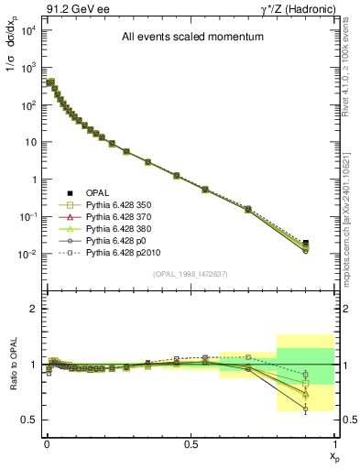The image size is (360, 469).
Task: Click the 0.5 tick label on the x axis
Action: [x=191, y=442]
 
